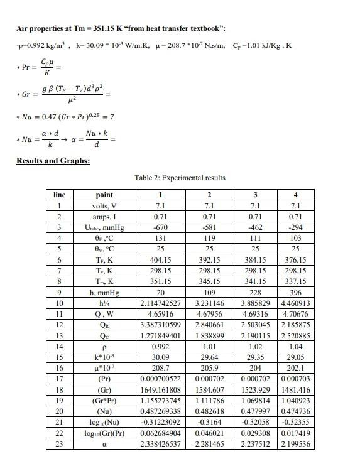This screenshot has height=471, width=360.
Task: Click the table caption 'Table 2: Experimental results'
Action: coord(180,177)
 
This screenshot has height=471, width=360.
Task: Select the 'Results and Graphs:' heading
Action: coord(53,161)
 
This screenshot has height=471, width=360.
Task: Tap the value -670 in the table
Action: coord(160,227)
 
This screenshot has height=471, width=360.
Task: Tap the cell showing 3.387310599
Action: coord(160,325)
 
